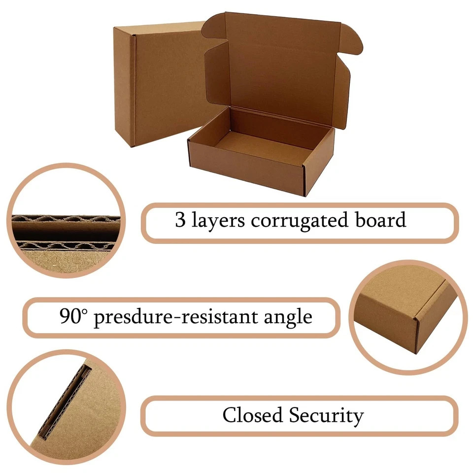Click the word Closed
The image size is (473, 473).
coord(253,415)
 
